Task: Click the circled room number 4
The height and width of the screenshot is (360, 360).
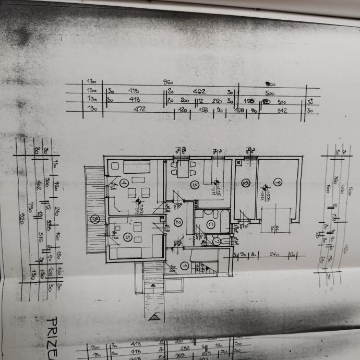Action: click(124, 183)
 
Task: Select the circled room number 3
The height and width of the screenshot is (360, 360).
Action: click(194, 185)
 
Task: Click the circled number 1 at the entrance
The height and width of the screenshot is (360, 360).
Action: click(184, 266)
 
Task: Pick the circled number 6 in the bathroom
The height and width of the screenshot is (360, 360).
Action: click(211, 225)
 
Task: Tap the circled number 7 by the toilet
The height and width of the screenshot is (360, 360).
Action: click(217, 242)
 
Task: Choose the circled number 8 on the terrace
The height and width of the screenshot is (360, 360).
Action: click(95, 219)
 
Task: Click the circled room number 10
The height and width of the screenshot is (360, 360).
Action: click(245, 183)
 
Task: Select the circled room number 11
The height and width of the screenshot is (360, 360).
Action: click(278, 183)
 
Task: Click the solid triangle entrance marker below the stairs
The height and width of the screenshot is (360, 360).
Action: click(153, 317)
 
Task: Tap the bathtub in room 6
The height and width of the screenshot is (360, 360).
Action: click(225, 222)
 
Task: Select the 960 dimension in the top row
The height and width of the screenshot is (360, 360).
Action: click(168, 82)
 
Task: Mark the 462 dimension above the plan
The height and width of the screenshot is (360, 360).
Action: click(199, 91)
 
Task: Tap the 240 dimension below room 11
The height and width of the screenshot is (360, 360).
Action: click(274, 255)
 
